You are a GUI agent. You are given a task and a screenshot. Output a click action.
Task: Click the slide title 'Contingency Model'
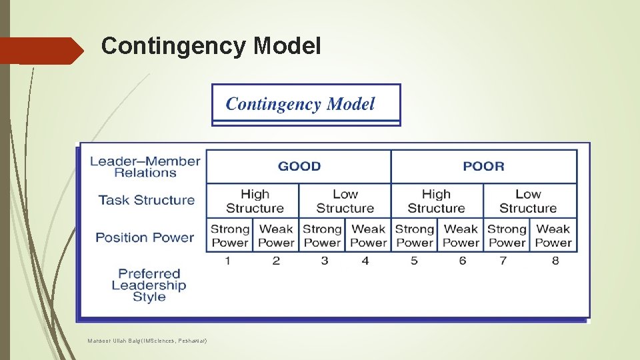point(211,47)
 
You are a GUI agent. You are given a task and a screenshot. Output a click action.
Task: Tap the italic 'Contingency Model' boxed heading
point(300,104)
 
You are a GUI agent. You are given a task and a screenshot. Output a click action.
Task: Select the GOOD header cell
point(299,166)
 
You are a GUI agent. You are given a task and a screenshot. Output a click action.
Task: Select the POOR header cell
point(483,166)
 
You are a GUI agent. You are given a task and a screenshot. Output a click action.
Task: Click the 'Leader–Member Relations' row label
point(145,167)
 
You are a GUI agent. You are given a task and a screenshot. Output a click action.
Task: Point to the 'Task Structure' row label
point(147,200)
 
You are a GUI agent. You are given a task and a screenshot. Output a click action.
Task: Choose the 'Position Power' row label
point(145,237)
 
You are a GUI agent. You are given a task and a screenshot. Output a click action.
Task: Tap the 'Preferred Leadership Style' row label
point(149,285)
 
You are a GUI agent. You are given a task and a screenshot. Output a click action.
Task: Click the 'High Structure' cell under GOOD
point(254,201)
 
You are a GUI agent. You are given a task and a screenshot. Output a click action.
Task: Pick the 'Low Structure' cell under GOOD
point(345,201)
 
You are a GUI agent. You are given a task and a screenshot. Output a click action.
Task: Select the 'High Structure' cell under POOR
point(436,201)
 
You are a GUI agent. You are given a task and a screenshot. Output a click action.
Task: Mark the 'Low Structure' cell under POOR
point(528,201)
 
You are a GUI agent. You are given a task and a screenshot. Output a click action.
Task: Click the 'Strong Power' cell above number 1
point(229,235)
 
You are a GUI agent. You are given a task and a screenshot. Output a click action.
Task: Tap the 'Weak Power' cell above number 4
point(368,235)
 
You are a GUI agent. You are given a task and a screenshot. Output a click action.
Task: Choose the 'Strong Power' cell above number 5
point(414,235)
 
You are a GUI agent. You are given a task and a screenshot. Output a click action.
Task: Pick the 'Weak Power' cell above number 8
point(553,235)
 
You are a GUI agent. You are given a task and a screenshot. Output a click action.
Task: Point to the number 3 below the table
point(325,261)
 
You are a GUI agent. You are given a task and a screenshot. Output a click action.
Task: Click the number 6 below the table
point(462,261)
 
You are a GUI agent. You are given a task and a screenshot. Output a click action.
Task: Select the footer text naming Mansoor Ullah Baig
point(147,341)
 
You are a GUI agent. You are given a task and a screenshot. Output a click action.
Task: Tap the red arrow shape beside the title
point(41,51)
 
